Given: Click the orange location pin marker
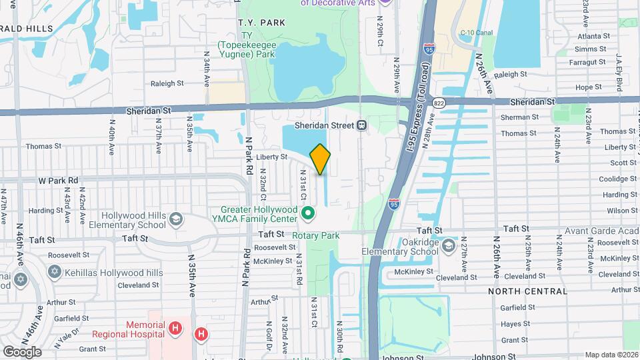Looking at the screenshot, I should [320, 159].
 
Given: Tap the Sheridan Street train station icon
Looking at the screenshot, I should [361, 125].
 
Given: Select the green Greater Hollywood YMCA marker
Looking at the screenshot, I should [308, 213].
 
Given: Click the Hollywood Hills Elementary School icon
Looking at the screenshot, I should [176, 219].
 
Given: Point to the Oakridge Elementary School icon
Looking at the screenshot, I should [449, 246].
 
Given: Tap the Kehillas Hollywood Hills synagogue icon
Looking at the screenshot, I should [54, 273].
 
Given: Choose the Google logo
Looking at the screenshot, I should [22, 351].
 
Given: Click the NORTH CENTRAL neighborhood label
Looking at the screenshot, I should [527, 291].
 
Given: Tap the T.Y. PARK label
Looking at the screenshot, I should [261, 22].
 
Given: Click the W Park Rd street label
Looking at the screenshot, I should [58, 180].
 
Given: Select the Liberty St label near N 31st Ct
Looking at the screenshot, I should [271, 157].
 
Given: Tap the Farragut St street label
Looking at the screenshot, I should [587, 62].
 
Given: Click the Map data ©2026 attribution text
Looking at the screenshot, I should [611, 355].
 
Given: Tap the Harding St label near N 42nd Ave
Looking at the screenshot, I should [45, 211].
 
